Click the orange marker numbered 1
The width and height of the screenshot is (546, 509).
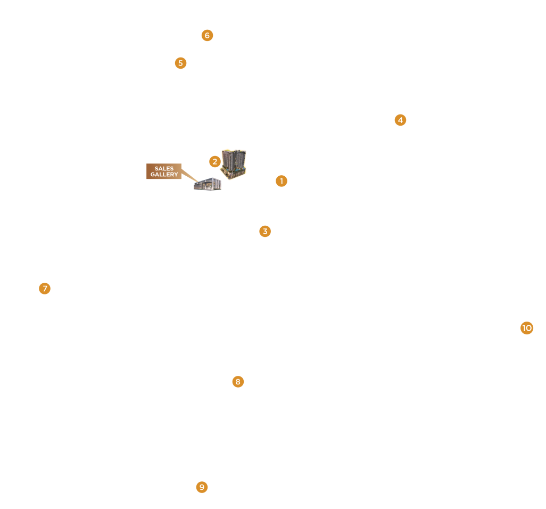[x=282, y=181]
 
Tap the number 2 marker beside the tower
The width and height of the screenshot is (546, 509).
[x=215, y=161]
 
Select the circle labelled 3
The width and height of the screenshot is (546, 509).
[x=265, y=231]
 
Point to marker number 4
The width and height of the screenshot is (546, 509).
[x=400, y=120]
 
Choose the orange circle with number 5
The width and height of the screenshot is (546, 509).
[x=180, y=63]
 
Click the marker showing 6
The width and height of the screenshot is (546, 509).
[x=207, y=35]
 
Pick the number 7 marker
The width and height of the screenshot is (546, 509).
[x=45, y=289]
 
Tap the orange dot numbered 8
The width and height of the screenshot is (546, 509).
[x=238, y=382]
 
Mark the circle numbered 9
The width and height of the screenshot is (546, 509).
[x=202, y=487]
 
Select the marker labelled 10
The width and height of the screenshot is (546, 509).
[x=527, y=328]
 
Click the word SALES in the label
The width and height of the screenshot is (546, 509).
[x=164, y=168]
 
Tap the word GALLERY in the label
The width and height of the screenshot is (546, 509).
[x=164, y=175]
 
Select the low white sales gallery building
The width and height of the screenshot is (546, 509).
[x=208, y=184]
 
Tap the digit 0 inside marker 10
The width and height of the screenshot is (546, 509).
[x=529, y=328]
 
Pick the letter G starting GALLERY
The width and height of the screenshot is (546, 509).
[x=153, y=175]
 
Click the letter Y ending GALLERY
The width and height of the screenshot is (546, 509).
[x=176, y=175]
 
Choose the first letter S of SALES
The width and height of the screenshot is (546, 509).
[x=156, y=168]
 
